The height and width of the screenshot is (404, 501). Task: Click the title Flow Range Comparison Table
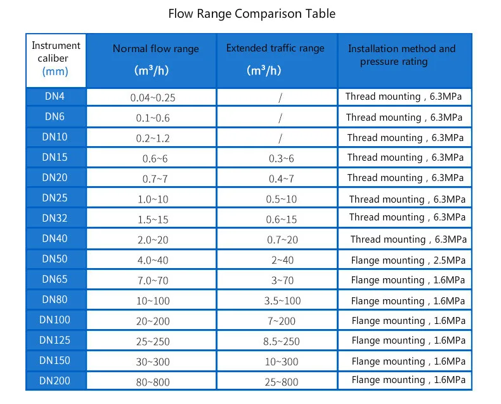(252, 14)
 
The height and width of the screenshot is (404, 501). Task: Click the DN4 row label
(55, 96)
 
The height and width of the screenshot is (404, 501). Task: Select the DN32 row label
(55, 218)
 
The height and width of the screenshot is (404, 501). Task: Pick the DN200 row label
(55, 380)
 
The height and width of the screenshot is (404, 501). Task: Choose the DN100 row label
(55, 320)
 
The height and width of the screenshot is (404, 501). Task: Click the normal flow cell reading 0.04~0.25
(153, 98)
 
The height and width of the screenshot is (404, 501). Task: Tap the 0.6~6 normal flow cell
(155, 159)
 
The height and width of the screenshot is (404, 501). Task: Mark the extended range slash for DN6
(280, 118)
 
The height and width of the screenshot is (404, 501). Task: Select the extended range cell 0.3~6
(281, 158)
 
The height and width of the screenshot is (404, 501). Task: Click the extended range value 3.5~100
(282, 300)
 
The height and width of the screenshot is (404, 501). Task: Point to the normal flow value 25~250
(153, 342)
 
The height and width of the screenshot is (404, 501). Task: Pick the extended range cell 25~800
(281, 382)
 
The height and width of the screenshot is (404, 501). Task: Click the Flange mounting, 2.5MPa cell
(408, 260)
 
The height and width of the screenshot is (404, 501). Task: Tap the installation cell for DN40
(408, 239)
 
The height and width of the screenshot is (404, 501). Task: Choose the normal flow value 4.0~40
(153, 260)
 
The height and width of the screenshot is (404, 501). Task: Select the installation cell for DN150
(408, 361)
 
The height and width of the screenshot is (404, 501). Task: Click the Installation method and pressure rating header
(401, 55)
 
